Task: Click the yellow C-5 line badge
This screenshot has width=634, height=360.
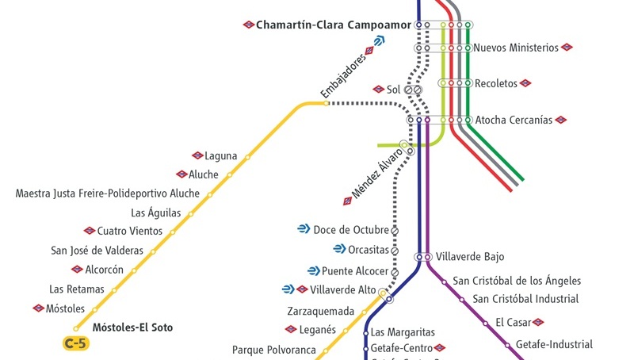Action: click(x=76, y=343)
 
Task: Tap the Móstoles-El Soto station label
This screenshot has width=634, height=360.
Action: click(x=132, y=327)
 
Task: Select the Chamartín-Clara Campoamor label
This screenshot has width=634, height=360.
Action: click(x=334, y=25)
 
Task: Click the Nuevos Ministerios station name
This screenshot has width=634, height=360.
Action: click(x=516, y=48)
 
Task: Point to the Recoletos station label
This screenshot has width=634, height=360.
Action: click(x=496, y=83)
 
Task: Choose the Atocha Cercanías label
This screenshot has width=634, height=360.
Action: click(x=514, y=120)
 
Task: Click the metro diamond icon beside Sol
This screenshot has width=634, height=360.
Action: click(x=379, y=89)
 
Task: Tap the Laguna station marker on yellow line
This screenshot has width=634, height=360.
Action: click(x=247, y=157)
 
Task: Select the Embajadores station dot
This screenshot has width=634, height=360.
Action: click(x=326, y=104)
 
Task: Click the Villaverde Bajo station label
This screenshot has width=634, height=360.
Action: click(x=470, y=256)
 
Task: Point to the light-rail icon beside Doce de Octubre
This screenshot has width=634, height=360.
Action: click(x=304, y=229)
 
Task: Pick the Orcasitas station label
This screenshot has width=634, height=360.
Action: click(x=369, y=250)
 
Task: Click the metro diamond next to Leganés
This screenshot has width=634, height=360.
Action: click(x=291, y=329)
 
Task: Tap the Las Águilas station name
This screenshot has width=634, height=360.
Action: click(x=155, y=213)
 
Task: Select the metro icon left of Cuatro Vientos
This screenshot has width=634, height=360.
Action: click(x=90, y=231)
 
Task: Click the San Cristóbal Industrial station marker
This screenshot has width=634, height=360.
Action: click(x=462, y=300)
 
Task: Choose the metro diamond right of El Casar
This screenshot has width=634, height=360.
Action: click(x=538, y=323)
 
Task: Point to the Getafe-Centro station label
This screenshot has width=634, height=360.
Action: click(x=402, y=348)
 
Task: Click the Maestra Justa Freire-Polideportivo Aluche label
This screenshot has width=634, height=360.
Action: click(x=108, y=193)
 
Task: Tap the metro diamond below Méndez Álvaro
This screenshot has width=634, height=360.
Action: click(x=347, y=201)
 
